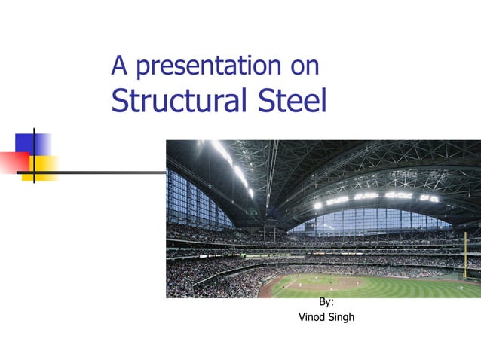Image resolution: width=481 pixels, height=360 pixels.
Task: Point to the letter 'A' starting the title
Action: coord(118,66)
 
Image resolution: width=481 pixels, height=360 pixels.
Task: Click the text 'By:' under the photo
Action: coord(326,302)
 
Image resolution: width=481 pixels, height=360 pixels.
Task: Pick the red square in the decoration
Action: coord(14,162)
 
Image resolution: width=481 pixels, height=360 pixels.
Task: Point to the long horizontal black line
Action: coord(113,172)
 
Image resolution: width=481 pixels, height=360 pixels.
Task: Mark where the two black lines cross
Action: coord(34,172)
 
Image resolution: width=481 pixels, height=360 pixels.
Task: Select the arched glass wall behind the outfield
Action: coord(369,220)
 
